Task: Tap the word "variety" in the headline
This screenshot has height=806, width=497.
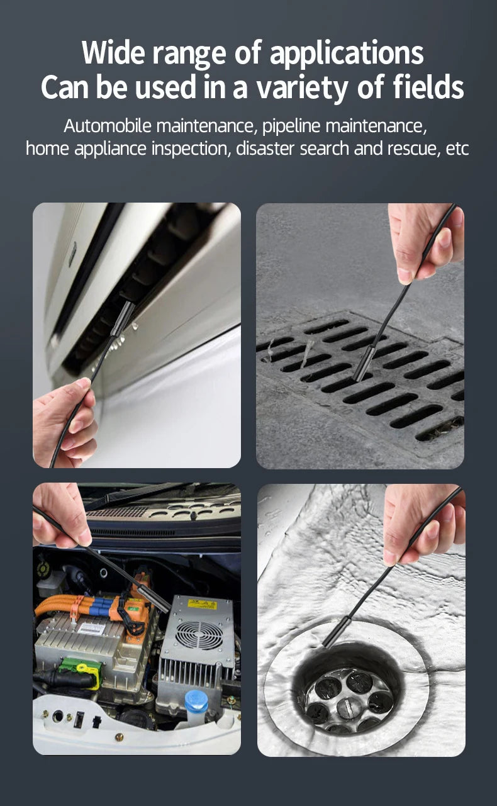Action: click(302, 88)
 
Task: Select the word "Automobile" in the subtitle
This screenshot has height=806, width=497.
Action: click(108, 126)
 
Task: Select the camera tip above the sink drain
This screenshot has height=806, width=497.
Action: click(337, 631)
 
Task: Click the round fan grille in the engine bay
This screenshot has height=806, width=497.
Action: click(199, 637)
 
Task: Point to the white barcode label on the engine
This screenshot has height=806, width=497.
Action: click(92, 629)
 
